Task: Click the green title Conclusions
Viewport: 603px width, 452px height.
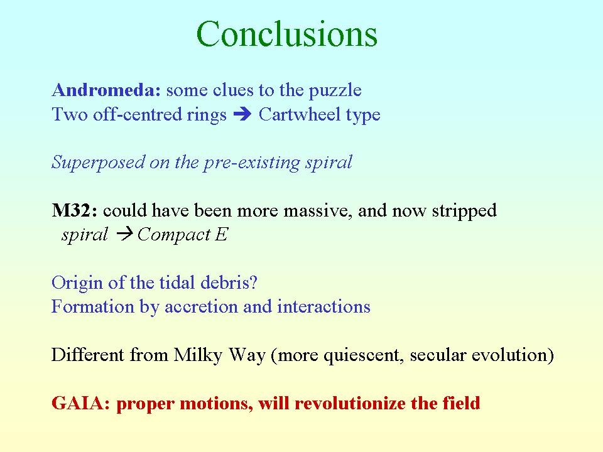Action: point(287,34)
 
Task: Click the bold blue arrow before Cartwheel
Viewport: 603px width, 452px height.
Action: point(242,114)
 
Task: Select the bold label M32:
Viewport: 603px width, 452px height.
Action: point(75,210)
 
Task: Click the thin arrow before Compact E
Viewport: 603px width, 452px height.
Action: point(124,234)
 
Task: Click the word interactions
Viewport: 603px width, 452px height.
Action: point(324,307)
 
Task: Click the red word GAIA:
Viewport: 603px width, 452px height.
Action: point(81,403)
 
